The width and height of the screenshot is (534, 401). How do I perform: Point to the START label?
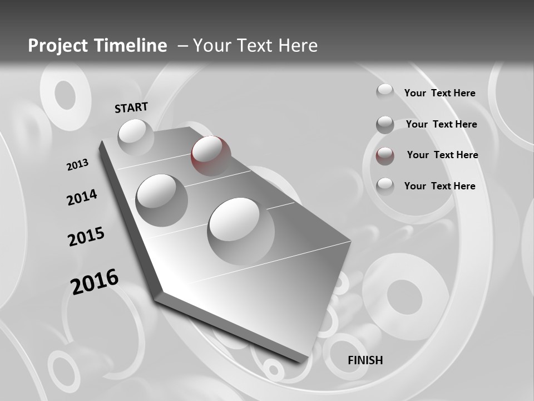(131, 107)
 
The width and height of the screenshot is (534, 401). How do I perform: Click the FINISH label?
(365, 360)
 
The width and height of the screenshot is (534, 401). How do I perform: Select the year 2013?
(77, 165)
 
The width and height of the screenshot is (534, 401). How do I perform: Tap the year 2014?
(82, 197)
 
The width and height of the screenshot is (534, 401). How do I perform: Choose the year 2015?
(86, 237)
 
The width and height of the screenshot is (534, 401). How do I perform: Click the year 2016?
(95, 281)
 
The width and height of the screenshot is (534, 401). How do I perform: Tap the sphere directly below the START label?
(135, 136)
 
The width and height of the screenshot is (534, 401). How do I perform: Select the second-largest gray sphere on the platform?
(161, 199)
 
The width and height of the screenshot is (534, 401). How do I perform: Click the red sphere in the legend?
(385, 156)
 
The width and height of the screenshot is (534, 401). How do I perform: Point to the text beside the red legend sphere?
(442, 155)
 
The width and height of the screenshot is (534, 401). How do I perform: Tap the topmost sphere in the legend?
(384, 92)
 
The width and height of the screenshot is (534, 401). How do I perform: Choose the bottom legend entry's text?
(439, 186)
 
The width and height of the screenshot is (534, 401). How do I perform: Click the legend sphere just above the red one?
(385, 125)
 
